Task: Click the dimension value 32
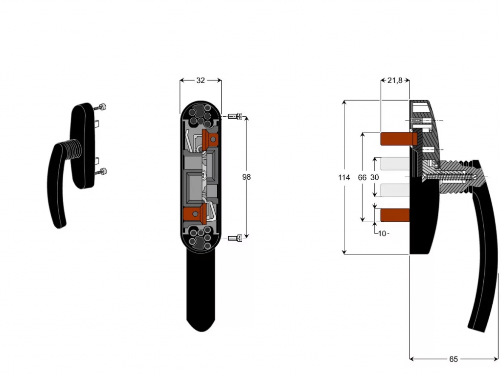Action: (x=201, y=81)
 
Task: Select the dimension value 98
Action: (x=247, y=177)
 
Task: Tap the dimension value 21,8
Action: (x=395, y=81)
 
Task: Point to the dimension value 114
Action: (x=344, y=178)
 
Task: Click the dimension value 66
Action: (x=362, y=178)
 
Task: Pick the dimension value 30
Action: (x=374, y=178)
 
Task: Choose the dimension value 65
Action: (x=454, y=359)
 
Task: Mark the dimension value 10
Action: (x=382, y=233)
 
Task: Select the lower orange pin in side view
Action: (x=394, y=214)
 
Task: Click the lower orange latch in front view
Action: (x=193, y=213)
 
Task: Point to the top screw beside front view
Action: (x=235, y=116)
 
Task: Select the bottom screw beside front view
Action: (x=235, y=238)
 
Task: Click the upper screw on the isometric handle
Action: (x=102, y=107)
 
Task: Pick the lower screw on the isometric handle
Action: (x=102, y=171)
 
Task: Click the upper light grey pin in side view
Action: (x=392, y=164)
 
